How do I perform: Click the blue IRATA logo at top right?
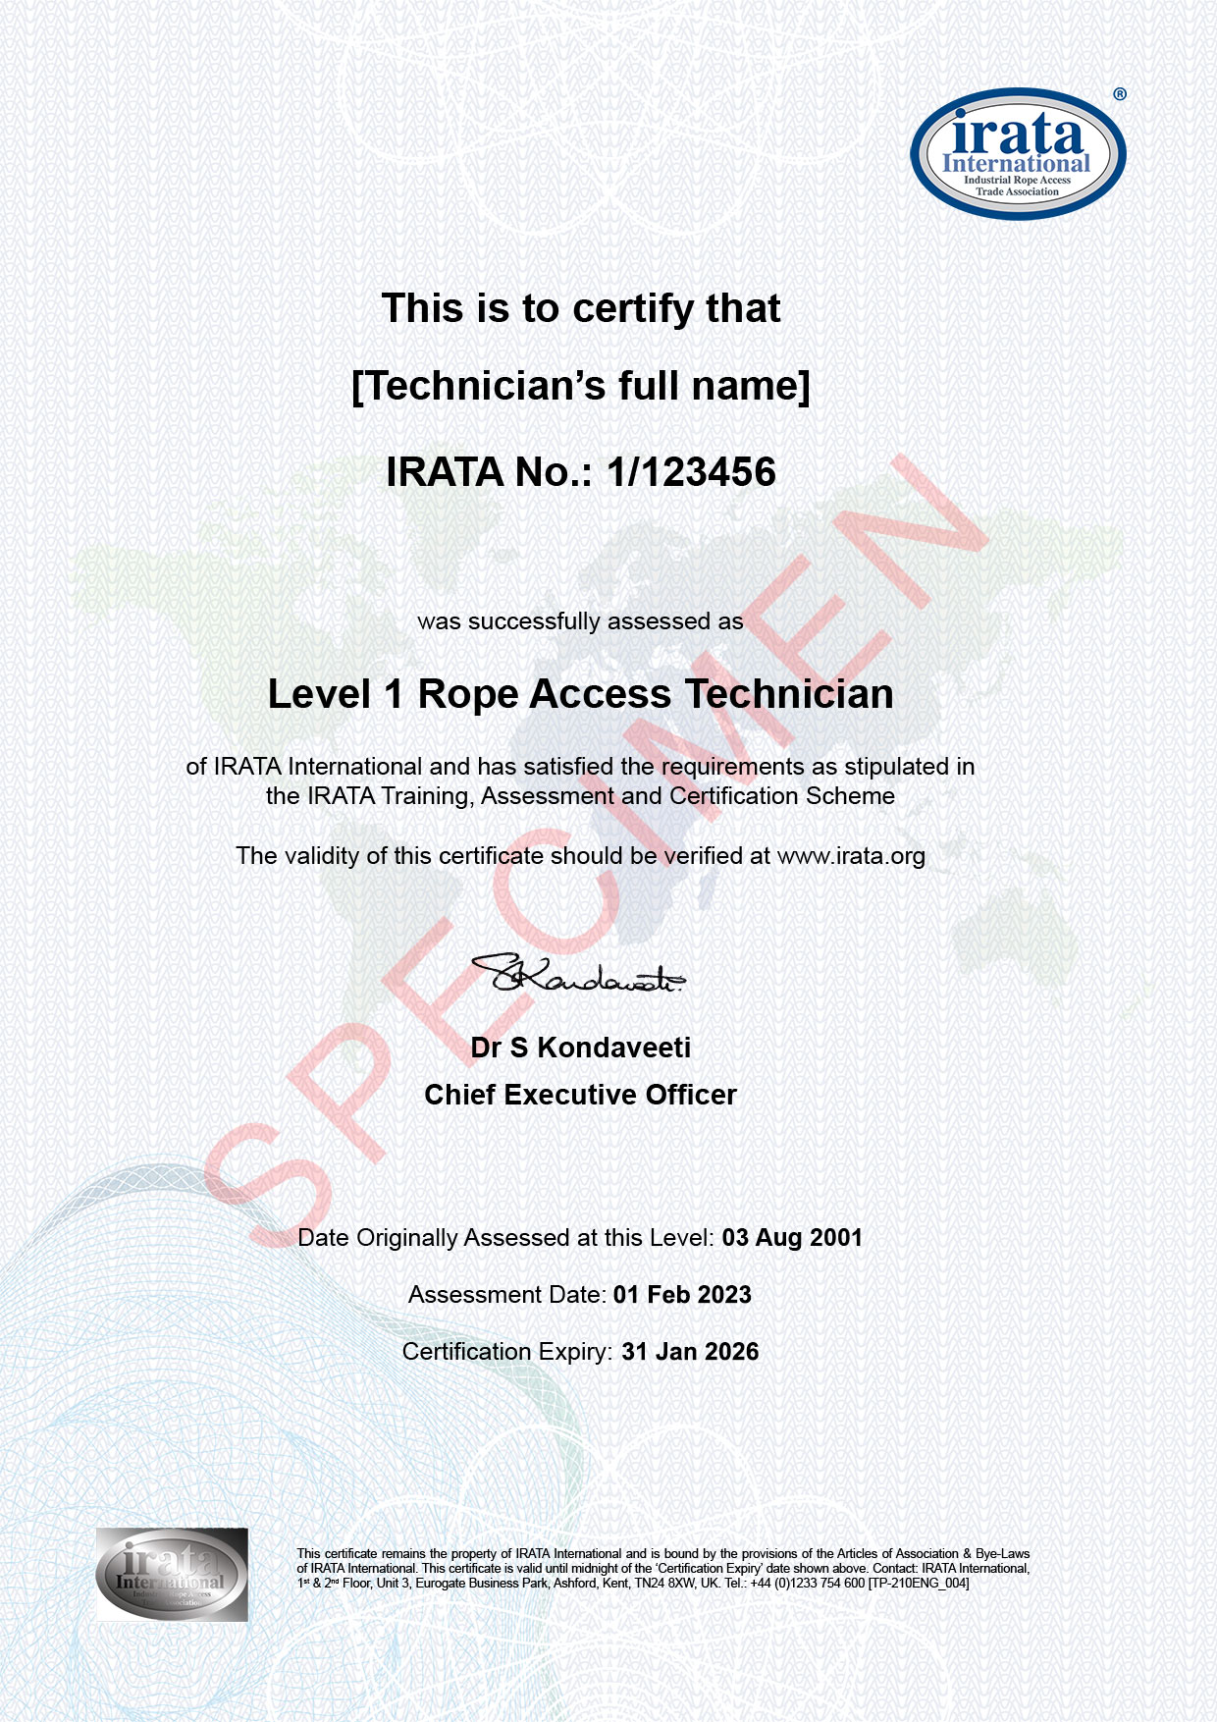(x=1018, y=154)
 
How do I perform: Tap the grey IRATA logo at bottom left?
(x=172, y=1574)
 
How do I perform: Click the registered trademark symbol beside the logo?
(x=1120, y=94)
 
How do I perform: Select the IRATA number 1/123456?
(x=691, y=472)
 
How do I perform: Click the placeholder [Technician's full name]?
(x=581, y=386)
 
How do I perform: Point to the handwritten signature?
(x=579, y=974)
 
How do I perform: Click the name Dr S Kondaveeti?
(x=581, y=1048)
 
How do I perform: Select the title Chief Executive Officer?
(x=581, y=1095)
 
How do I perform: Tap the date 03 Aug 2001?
(x=792, y=1238)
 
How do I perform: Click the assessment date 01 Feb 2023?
(x=682, y=1295)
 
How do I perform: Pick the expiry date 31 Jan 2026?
(x=690, y=1352)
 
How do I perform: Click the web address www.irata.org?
(x=851, y=856)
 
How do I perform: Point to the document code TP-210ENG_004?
(x=919, y=1583)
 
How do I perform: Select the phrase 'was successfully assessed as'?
(x=580, y=621)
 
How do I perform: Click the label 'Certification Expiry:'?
(x=508, y=1352)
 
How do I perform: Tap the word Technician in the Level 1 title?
(x=789, y=694)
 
